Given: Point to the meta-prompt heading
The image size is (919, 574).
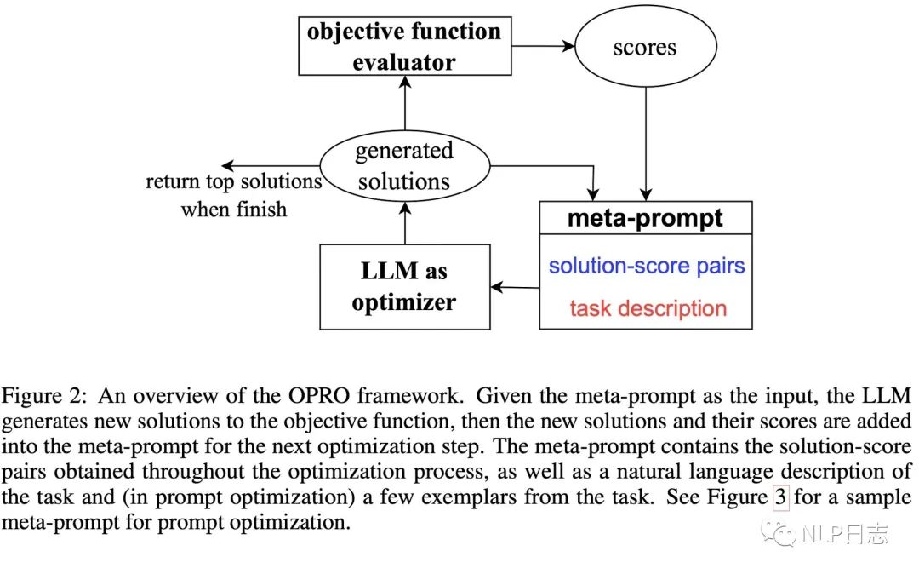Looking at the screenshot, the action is (x=645, y=218).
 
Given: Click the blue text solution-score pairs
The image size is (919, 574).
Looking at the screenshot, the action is (x=647, y=266).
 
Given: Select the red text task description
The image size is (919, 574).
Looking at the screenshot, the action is (x=648, y=308).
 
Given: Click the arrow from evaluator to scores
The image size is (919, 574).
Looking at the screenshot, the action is (x=543, y=46).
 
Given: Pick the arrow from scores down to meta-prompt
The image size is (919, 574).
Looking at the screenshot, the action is (x=646, y=144).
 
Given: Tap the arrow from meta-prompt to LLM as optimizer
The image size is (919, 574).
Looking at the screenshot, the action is (x=515, y=287).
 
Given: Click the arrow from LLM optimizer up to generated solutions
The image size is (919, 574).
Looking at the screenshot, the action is (x=405, y=223).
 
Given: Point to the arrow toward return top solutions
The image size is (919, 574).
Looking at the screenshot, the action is (x=271, y=166).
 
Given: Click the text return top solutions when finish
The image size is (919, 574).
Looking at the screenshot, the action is (x=234, y=195).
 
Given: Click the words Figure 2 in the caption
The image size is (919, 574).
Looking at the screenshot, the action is (x=44, y=396).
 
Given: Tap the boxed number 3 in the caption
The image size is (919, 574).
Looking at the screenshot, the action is (x=780, y=497).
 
